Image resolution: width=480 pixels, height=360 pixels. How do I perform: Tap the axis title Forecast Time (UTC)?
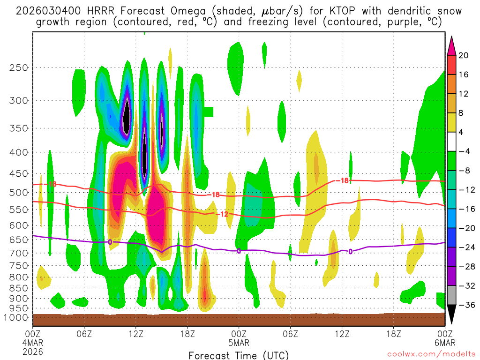point(239,355)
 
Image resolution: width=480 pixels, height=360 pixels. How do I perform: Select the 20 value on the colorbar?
point(464,55)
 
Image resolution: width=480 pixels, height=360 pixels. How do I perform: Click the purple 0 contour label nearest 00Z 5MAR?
point(239,251)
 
